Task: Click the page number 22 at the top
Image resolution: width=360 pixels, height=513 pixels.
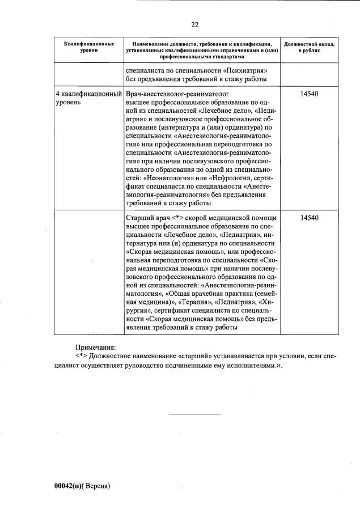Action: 194,24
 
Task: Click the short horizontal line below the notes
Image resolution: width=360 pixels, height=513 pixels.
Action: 195,414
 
